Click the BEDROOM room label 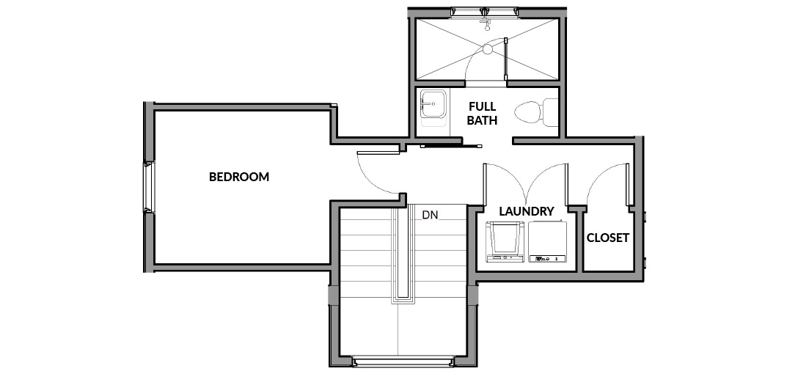[239, 177]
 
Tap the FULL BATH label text [483, 114]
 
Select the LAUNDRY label [527, 211]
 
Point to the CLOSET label [608, 238]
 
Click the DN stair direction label [430, 216]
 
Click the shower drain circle [488, 49]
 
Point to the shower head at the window [486, 23]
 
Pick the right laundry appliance [547, 242]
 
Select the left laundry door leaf [485, 184]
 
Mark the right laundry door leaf [567, 184]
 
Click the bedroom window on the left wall [148, 187]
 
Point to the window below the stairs [403, 362]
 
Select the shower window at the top [484, 12]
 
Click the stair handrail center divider [403, 253]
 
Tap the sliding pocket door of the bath [451, 146]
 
